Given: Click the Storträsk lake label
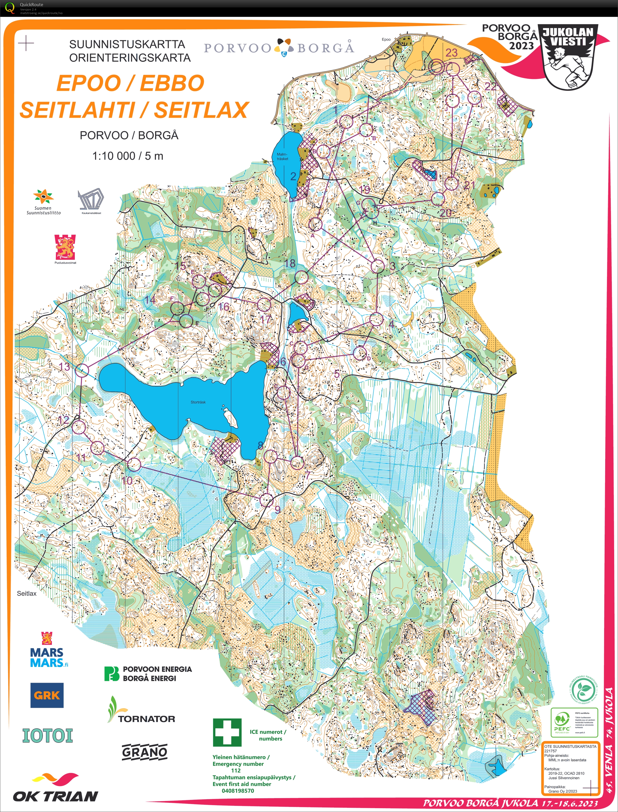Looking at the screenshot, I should (x=198, y=402).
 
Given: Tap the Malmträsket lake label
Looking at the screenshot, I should (x=282, y=156).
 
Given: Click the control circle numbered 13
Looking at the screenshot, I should (x=82, y=370).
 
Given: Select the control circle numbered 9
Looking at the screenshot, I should (x=266, y=500).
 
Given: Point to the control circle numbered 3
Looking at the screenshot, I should (x=378, y=266).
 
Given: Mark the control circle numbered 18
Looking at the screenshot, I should (x=301, y=277).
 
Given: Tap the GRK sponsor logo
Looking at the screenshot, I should (x=47, y=695).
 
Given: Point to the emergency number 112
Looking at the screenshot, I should (x=236, y=770).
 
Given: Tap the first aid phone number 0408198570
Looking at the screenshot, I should (x=238, y=791).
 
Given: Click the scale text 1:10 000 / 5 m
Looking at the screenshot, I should (x=128, y=156).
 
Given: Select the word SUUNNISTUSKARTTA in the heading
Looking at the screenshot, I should (x=127, y=44).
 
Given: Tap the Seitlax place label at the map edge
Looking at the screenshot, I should (x=26, y=593).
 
